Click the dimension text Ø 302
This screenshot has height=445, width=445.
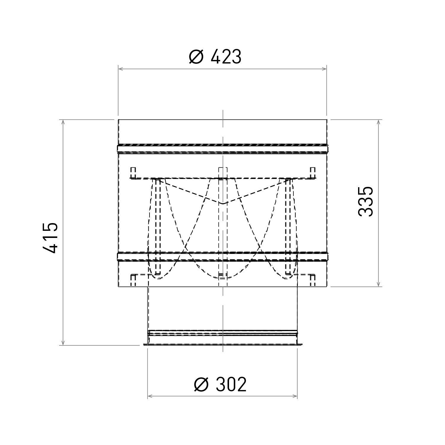(220, 385)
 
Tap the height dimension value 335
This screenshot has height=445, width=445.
(365, 201)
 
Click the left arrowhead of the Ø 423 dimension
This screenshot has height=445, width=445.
(120, 69)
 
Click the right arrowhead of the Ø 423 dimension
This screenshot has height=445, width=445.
(324, 69)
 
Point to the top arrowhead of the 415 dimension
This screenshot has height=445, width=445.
(63, 122)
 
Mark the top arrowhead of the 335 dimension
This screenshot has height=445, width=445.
(379, 122)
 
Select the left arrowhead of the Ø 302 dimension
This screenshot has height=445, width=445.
(150, 396)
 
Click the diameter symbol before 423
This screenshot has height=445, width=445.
(196, 57)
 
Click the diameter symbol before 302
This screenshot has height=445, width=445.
(201, 385)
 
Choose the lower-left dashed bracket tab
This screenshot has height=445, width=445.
(133, 279)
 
